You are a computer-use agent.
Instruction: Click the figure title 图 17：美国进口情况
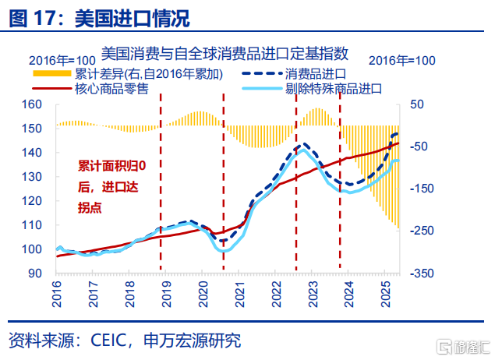click(x=99, y=16)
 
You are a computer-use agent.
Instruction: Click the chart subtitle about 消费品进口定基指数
click(x=225, y=54)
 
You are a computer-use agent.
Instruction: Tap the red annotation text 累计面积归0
click(x=111, y=165)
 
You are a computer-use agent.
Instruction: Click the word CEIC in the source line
click(x=115, y=341)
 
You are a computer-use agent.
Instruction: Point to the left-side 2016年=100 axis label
click(x=62, y=60)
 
